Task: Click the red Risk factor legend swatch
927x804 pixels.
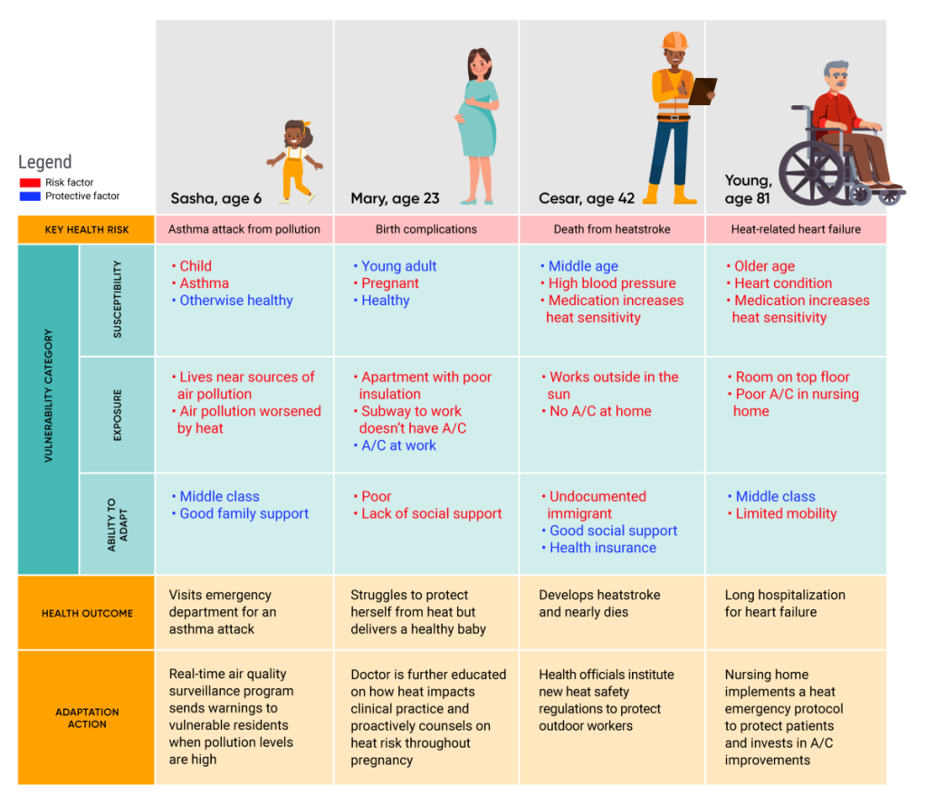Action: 30,183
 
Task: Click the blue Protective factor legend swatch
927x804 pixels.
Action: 30,196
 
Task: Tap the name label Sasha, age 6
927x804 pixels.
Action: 215,199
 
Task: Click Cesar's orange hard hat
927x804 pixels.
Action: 674,42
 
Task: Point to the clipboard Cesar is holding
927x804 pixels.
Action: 702,90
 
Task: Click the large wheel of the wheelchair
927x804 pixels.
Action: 811,173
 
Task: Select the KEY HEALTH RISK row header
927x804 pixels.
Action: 87,229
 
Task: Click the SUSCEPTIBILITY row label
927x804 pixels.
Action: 117,300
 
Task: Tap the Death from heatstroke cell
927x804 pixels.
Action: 612,229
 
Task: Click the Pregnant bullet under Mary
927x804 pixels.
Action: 389,283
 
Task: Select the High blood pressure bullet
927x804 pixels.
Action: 612,283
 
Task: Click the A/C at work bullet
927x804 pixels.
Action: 398,445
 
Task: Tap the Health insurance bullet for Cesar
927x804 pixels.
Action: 603,548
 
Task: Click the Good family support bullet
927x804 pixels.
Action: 244,513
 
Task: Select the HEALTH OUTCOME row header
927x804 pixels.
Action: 87,613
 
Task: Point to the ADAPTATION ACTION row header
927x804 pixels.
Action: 87,717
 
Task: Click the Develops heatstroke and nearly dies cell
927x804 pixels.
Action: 599,604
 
